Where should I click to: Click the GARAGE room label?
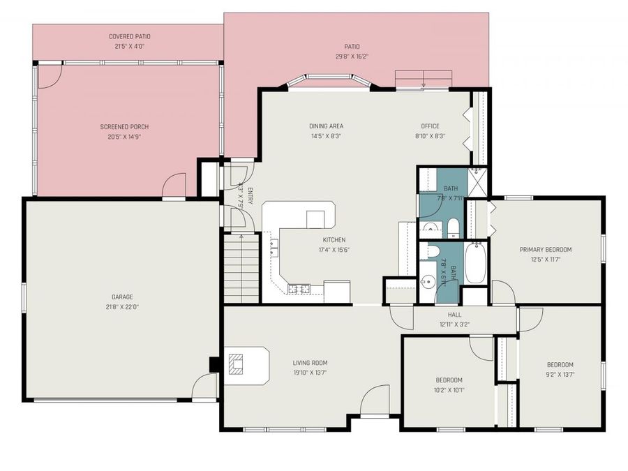122,297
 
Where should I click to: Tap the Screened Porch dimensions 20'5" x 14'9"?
124,137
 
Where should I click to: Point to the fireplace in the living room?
237,364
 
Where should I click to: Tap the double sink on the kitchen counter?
273,244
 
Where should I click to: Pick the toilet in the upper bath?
452,227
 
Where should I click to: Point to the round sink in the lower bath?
428,282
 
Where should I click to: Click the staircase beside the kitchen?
241,268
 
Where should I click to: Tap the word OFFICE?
430,126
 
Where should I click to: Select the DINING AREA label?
326,126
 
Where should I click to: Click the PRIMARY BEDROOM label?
545,249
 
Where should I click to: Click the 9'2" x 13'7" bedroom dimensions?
560,374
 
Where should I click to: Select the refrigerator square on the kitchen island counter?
315,219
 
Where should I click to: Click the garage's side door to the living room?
206,386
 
